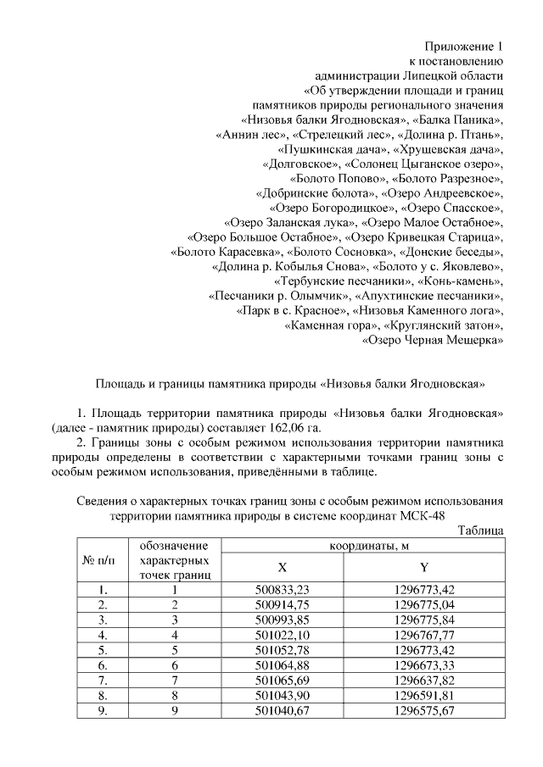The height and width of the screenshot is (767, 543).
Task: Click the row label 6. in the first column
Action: click(102, 665)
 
